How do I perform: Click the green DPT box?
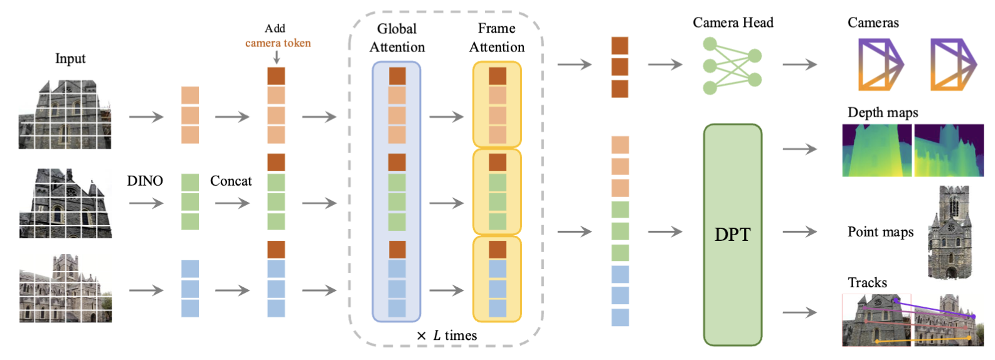tap(732, 235)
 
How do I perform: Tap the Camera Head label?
tap(733, 23)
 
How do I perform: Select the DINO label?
tap(145, 181)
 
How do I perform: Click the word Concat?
tap(231, 181)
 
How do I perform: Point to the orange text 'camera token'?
tap(278, 43)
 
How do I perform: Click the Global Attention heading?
tap(396, 38)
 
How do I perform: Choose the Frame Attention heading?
tap(497, 38)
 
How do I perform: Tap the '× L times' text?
tap(447, 336)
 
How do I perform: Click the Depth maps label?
tap(883, 112)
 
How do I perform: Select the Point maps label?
tap(880, 232)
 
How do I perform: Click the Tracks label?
tap(867, 282)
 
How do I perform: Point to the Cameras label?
tap(873, 23)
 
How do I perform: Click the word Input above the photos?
tap(70, 58)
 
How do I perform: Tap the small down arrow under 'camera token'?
tap(277, 57)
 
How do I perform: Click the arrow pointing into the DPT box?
tap(665, 232)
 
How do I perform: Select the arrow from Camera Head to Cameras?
tap(800, 64)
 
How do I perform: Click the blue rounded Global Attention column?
tap(396, 191)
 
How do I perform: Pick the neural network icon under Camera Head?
tap(732, 65)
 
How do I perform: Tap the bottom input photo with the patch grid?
tap(65, 289)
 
